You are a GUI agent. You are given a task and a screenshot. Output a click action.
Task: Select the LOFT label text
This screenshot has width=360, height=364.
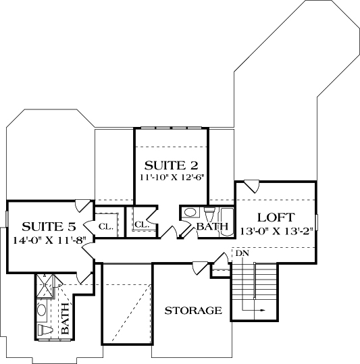point(276,217)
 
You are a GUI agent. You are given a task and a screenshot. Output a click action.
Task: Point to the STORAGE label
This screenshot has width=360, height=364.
point(193,311)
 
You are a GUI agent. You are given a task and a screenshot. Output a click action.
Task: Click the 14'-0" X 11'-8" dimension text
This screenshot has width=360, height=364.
point(45,239)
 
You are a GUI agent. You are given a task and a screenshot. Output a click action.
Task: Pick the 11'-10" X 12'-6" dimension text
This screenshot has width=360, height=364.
point(172,178)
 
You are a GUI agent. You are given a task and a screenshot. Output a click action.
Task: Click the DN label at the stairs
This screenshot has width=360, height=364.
point(242,253)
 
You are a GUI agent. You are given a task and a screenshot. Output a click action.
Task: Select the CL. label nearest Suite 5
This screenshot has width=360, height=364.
point(107,226)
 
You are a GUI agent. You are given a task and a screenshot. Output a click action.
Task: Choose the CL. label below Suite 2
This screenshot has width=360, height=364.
point(141,224)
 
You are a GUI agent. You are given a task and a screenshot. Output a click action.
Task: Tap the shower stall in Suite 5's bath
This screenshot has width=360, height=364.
point(45,286)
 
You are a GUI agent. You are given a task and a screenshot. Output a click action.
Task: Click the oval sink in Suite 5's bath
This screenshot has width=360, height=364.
point(42,311)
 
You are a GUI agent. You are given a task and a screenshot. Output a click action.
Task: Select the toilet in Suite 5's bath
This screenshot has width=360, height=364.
point(45,330)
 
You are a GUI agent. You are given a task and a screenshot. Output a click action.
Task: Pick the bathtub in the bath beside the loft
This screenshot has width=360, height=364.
point(224,219)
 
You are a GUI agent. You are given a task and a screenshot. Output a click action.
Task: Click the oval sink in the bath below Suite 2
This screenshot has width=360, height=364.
point(190,213)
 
